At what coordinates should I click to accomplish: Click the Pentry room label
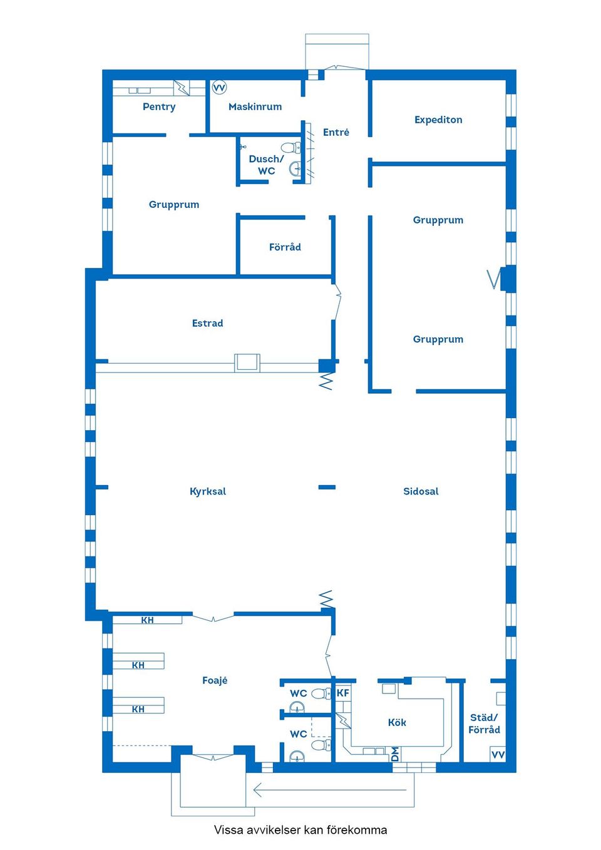pos(159,106)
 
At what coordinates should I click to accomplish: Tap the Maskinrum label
pos(255,106)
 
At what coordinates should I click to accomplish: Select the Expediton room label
pos(438,120)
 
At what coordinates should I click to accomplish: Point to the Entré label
pos(336,132)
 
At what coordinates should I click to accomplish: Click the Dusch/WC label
pos(266,165)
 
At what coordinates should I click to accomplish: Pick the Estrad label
pos(208,324)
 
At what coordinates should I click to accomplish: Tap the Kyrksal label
pos(208,491)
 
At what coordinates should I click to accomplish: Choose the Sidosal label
pos(421,491)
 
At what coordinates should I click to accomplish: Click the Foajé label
pos(215,680)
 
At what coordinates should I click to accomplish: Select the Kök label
pos(397,722)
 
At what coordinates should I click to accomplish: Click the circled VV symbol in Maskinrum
pos(219,88)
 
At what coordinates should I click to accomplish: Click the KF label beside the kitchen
pos(342,694)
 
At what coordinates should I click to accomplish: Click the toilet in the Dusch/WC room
pos(291,147)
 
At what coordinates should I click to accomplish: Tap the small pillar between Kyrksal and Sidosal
pos(327,487)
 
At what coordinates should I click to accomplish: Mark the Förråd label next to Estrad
pos(285,247)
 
